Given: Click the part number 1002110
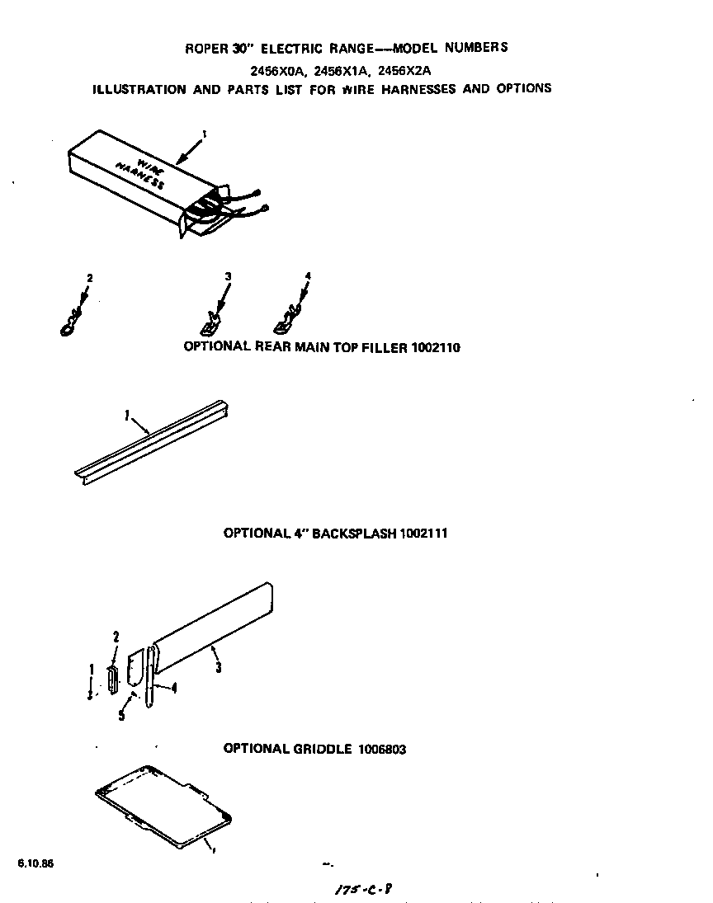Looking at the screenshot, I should [435, 348].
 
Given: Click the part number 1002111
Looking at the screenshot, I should [423, 534].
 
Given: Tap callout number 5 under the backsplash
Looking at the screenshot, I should [120, 715].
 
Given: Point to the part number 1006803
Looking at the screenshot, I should [381, 750].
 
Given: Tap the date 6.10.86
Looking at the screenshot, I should [29, 863].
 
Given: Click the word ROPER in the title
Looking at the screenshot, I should [201, 48].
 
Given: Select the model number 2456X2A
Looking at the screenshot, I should [406, 69].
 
